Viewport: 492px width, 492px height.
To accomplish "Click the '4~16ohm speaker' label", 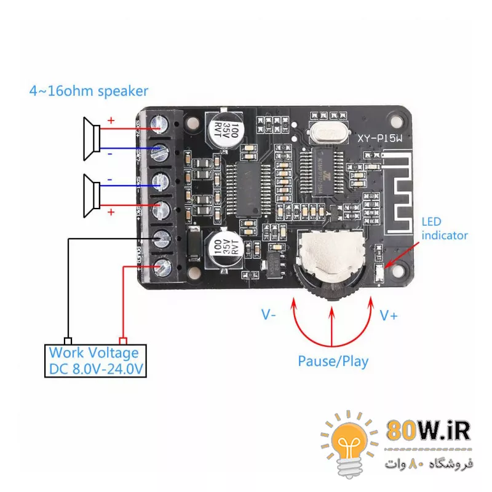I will (x=89, y=91).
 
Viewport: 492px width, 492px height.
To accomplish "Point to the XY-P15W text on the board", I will (x=380, y=140).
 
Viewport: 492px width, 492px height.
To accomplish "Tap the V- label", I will (x=269, y=315).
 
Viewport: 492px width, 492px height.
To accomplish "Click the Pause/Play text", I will (x=333, y=361).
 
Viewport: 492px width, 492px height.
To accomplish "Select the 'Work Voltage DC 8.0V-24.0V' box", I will (x=95, y=361).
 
